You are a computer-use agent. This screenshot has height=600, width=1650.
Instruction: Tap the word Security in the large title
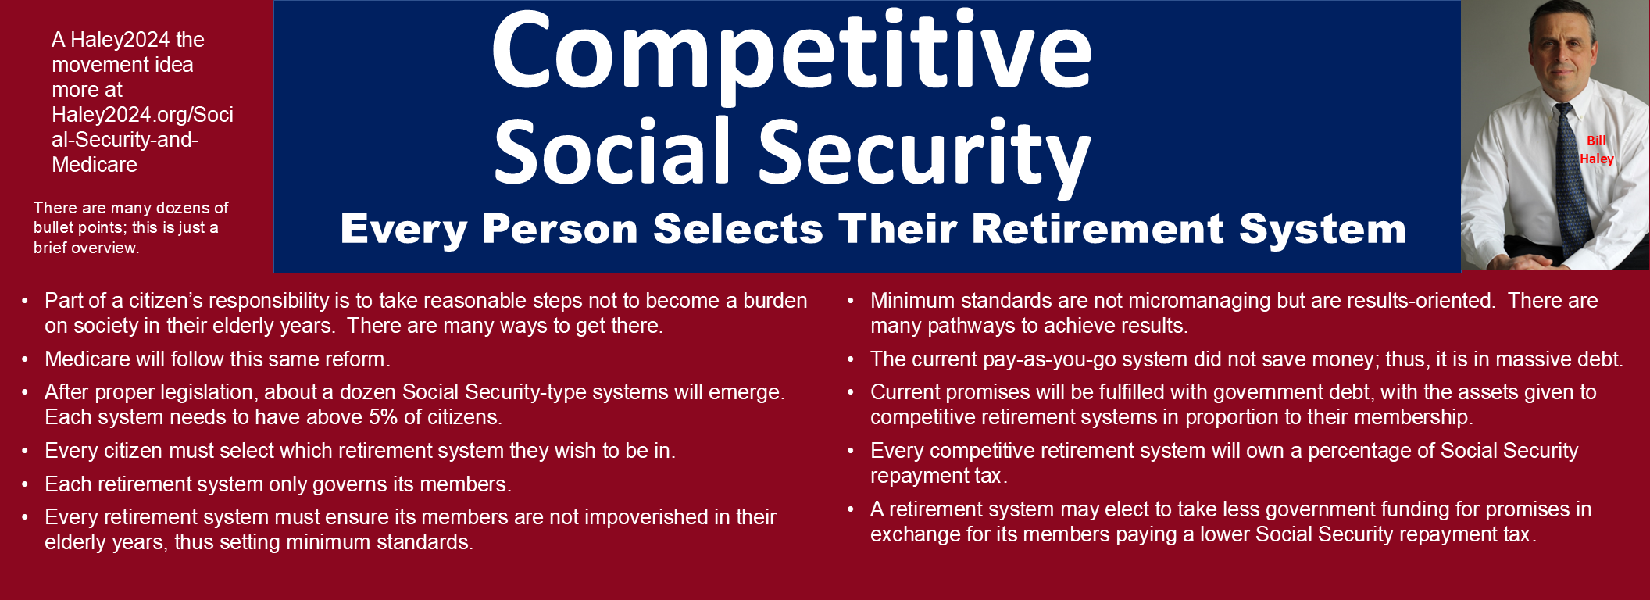pyautogui.click(x=924, y=153)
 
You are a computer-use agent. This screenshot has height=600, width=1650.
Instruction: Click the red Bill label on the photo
pyautogui.click(x=1596, y=141)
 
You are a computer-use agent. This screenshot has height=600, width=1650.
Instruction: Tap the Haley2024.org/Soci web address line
pyautogui.click(x=142, y=115)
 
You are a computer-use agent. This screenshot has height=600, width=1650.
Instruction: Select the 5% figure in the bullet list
pyautogui.click(x=384, y=417)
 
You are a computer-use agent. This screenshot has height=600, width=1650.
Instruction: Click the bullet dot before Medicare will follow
pyautogui.click(x=25, y=360)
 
